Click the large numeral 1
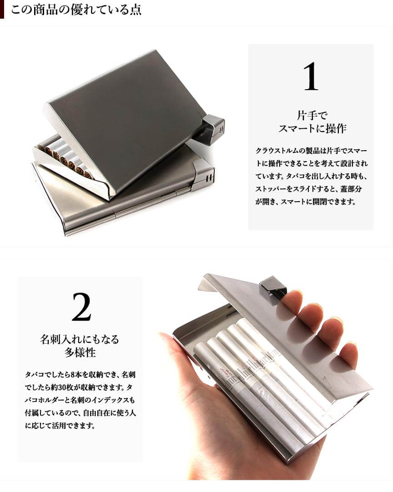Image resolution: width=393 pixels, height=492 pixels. pos(311,76)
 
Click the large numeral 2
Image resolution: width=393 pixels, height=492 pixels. pos(81,307)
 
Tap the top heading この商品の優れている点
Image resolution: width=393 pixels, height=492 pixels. pos(76,9)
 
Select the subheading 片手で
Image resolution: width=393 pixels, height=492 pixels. pos(312,115)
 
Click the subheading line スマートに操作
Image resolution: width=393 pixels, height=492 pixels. pos(312,128)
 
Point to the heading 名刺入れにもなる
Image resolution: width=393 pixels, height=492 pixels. pos(80,339)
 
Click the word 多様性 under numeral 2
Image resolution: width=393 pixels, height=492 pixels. pos(80,352)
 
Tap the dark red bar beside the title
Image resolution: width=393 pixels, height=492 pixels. pos(2,9)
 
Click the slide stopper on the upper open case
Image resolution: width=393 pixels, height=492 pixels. pos(212,126)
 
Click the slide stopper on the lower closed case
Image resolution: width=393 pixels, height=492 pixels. pos(204,172)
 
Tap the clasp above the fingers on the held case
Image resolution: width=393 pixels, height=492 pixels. pos(272,286)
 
